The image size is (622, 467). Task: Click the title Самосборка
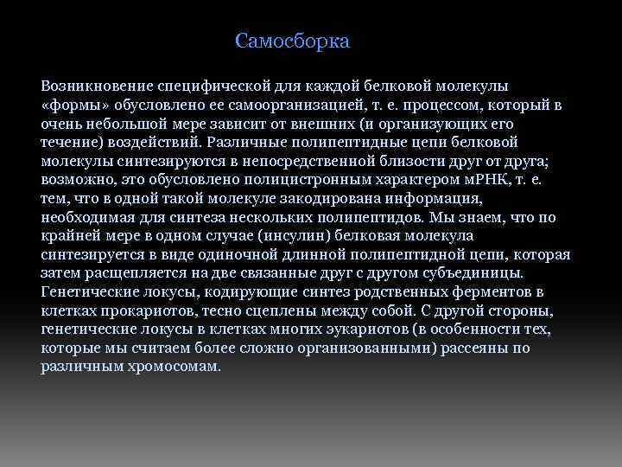click(x=292, y=41)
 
